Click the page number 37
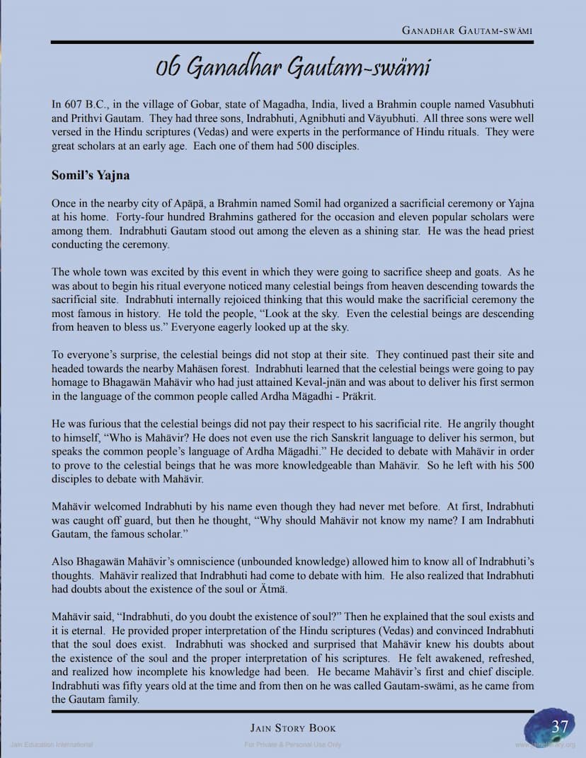pyautogui.click(x=560, y=727)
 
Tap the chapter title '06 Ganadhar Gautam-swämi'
pyautogui.click(x=293, y=67)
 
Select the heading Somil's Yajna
pyautogui.click(x=90, y=175)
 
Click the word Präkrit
pyautogui.click(x=355, y=397)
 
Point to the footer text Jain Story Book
pyautogui.click(x=293, y=728)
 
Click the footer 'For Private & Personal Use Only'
pyautogui.click(x=292, y=745)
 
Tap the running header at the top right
pyautogui.click(x=467, y=30)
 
